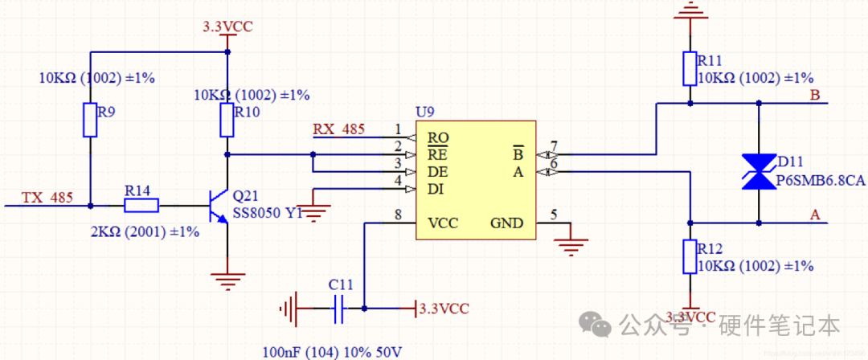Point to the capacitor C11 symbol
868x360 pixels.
pos(339,307)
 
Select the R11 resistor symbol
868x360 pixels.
pos(690,68)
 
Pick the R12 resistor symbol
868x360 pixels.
pos(690,256)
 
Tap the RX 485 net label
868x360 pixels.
pos(338,129)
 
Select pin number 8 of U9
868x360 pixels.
pos(397,214)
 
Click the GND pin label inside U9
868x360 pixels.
pos(506,223)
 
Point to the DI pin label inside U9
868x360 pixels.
pos(436,189)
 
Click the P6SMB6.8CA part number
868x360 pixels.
pos(821,182)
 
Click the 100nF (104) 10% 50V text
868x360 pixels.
pos(332,352)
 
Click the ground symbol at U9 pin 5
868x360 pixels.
pos(571,245)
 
